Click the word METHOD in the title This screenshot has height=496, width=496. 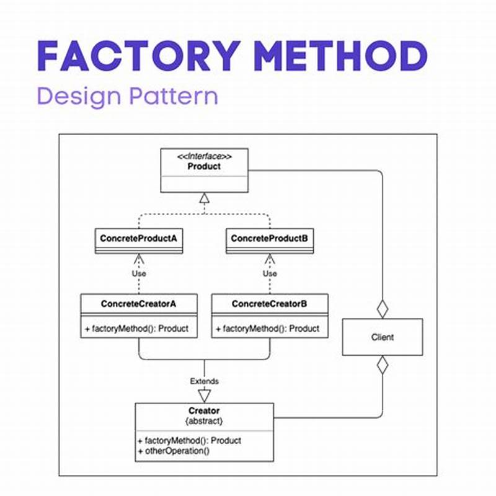pos(334,56)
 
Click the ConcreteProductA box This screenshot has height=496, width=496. pos(139,238)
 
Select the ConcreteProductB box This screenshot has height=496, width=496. pos(270,238)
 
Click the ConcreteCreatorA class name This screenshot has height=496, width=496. pos(139,304)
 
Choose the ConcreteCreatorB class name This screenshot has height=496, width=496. pos(270,304)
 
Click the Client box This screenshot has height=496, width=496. pos(383,337)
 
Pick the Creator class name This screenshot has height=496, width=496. pos(204,411)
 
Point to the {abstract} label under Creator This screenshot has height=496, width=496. pos(204,421)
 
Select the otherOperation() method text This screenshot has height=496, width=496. pos(174,451)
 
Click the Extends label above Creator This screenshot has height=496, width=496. pos(204,381)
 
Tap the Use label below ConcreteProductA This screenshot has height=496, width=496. pos(139,273)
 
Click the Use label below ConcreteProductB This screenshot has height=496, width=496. pos(270,273)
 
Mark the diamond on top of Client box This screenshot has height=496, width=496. pos(383,308)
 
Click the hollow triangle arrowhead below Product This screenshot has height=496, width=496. pos(204,198)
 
